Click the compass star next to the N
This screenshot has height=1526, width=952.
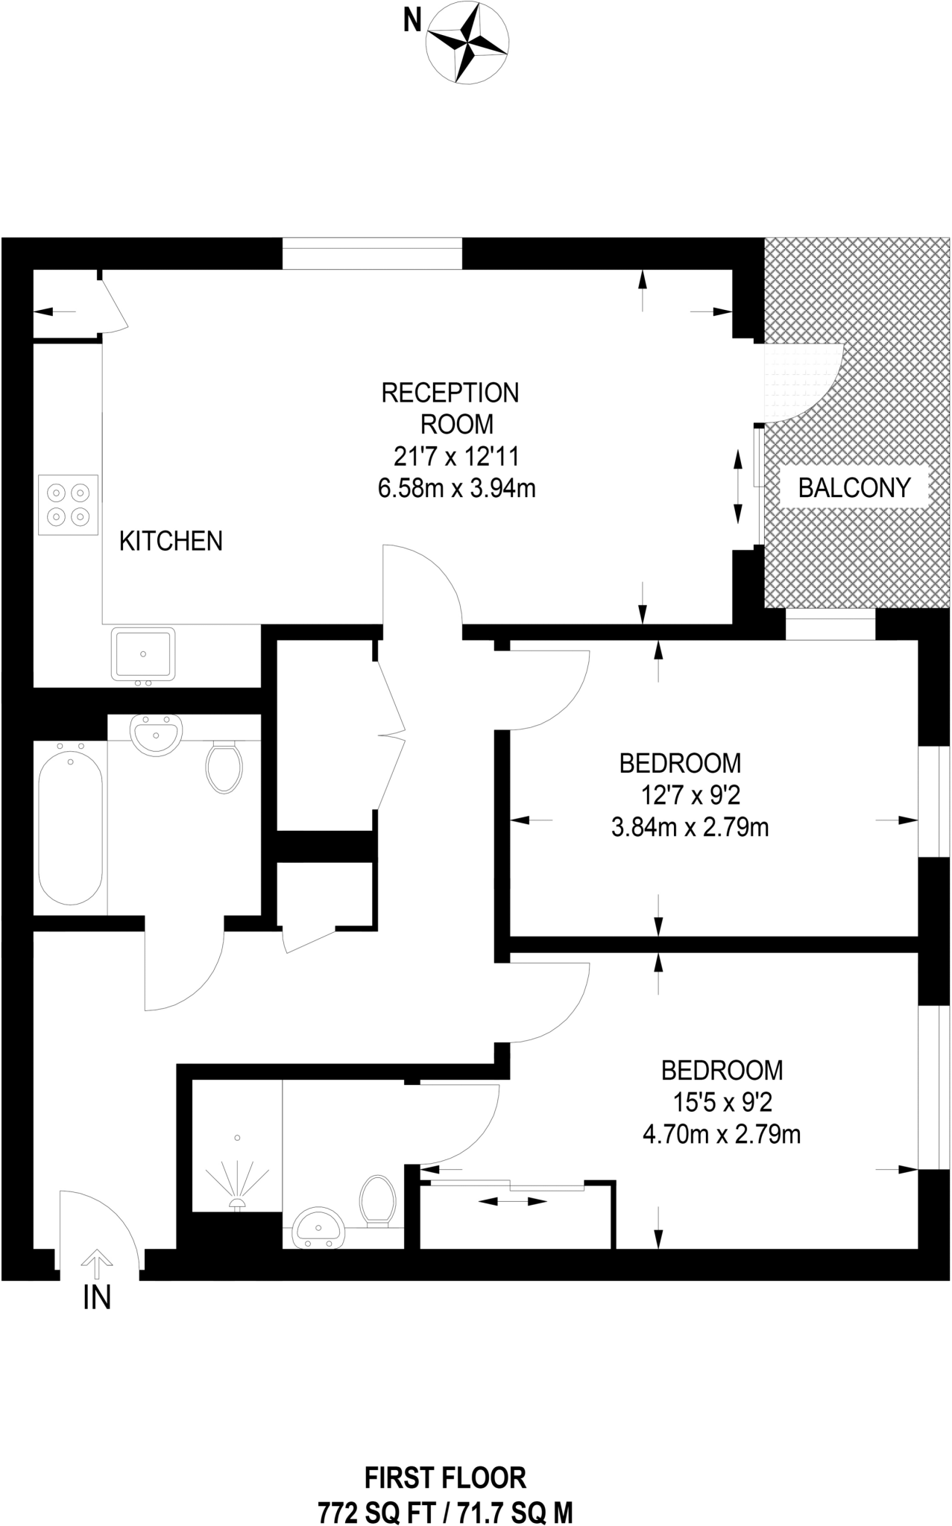pyautogui.click(x=467, y=42)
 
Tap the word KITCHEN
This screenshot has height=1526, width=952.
pyautogui.click(x=171, y=541)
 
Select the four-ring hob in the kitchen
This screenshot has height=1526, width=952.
pyautogui.click(x=69, y=504)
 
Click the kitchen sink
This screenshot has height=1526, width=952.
pyautogui.click(x=143, y=653)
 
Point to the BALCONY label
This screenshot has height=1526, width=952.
pyautogui.click(x=854, y=488)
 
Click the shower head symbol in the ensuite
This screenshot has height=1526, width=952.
pyautogui.click(x=237, y=1201)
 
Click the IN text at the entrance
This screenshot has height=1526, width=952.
pyautogui.click(x=97, y=1299)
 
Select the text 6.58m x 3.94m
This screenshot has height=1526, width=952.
pyautogui.click(x=457, y=489)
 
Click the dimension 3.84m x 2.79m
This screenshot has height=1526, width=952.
pyautogui.click(x=690, y=828)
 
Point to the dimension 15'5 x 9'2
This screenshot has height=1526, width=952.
pyautogui.click(x=721, y=1103)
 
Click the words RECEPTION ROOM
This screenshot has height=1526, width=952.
pyautogui.click(x=450, y=408)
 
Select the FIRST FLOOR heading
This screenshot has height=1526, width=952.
pyautogui.click(x=445, y=1477)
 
